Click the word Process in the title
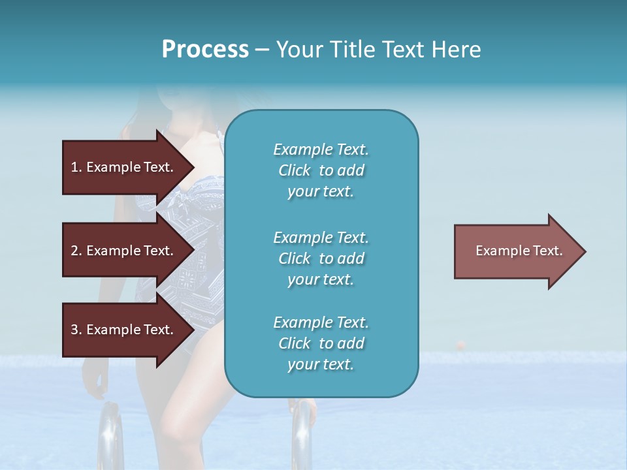click(205, 50)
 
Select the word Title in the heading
click(352, 50)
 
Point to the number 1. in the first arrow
click(76, 167)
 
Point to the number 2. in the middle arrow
click(76, 251)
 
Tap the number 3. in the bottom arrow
click(76, 330)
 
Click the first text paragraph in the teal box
click(321, 170)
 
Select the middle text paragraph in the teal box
click(321, 258)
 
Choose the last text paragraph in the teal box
click(321, 343)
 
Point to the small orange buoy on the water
click(461, 343)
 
